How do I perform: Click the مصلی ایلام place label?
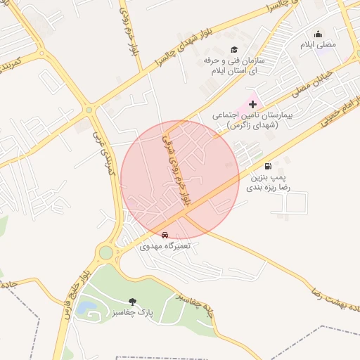click(319, 45)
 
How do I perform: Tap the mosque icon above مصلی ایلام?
click(318, 34)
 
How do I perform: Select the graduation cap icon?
click(234, 49)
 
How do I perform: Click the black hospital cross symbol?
click(252, 104)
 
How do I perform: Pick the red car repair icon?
click(165, 235)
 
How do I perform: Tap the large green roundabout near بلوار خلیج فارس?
click(105, 252)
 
